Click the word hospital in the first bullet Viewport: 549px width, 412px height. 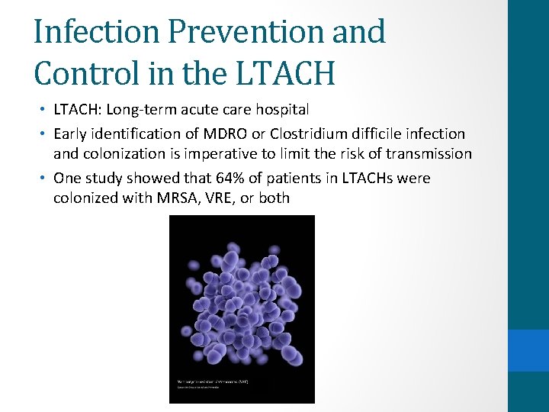pos(282,109)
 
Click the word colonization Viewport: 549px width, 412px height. pos(122,154)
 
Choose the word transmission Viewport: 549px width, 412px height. pos(429,154)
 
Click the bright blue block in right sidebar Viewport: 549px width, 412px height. pos(528,350)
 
